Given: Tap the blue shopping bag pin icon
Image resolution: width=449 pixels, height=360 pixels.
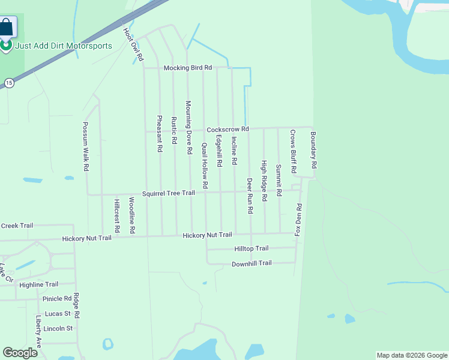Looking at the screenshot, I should (7, 28).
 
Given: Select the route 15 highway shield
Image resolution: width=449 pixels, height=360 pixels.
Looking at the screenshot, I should (8, 82).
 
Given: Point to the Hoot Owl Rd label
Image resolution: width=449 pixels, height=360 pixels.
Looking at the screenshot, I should (133, 44).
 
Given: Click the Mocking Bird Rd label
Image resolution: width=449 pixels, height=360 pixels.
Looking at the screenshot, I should (188, 68).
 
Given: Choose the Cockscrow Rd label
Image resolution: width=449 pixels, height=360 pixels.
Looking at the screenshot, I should (228, 130).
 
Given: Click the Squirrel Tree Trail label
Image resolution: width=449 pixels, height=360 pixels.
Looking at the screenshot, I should (169, 193).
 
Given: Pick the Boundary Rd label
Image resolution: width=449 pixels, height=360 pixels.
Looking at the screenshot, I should (313, 150).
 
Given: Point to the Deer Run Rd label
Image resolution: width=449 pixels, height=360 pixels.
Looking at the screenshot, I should (250, 196).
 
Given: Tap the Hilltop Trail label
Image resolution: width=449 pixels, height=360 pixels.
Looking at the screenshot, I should (251, 248).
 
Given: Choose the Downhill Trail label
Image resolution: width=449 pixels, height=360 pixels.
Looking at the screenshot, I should (252, 263).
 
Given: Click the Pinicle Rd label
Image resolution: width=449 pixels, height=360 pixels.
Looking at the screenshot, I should (57, 299).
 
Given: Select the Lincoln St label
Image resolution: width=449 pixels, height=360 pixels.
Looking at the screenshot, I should (58, 329).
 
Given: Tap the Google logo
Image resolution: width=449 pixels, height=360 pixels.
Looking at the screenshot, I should (20, 353).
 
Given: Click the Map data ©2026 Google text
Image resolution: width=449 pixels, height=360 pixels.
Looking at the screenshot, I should (411, 355).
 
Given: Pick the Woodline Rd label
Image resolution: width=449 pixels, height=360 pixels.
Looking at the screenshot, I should (132, 215).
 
